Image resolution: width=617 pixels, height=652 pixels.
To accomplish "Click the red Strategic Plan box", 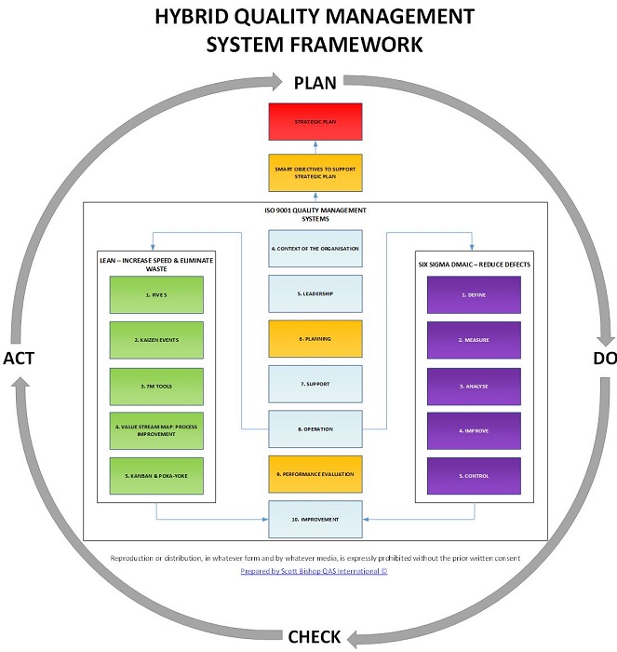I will click(x=315, y=122).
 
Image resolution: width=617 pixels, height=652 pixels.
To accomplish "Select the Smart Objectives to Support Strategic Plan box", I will click(x=315, y=172).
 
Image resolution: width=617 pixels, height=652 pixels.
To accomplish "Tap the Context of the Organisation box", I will click(x=315, y=249).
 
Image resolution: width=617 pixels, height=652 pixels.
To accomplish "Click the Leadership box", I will click(x=315, y=293).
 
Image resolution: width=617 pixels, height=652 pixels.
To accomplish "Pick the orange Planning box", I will click(x=315, y=339).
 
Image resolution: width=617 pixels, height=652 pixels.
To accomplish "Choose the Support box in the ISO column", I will click(x=315, y=384).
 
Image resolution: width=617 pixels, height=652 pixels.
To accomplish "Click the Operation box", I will click(x=315, y=428).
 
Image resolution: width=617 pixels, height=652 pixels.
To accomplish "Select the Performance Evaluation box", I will click(x=315, y=474).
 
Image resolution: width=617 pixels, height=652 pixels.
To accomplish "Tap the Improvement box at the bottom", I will click(x=315, y=519).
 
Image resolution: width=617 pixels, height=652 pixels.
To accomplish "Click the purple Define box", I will click(x=474, y=294).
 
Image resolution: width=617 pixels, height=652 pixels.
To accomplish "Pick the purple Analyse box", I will click(x=474, y=386).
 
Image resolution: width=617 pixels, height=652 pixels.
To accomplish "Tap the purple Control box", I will click(x=474, y=476).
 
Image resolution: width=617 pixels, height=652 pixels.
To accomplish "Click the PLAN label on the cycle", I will click(x=315, y=83).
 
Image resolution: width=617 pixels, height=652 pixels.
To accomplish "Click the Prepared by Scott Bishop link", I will click(x=315, y=571).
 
